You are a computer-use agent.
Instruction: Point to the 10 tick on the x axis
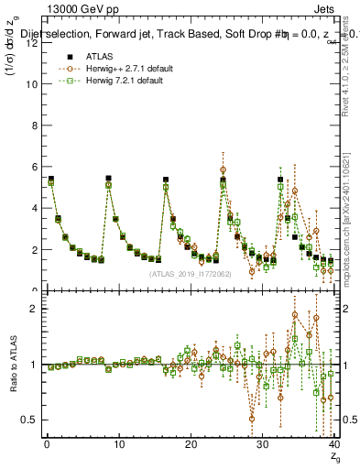118,446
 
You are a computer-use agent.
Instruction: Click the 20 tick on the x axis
191,446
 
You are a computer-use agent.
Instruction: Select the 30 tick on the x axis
263,446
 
